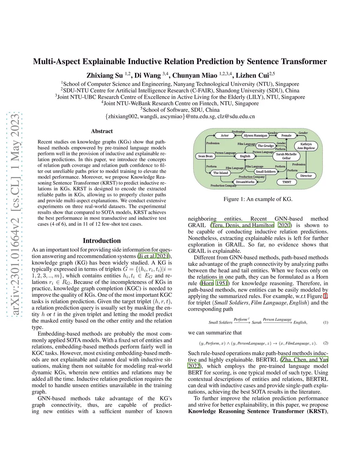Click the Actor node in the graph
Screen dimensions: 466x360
coord(225,135)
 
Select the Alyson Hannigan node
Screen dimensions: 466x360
coord(255,135)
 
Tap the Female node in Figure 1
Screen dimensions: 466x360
coord(286,135)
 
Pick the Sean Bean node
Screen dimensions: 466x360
coord(205,156)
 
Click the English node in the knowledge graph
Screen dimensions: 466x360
coord(245,156)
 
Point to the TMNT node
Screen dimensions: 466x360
coord(287,182)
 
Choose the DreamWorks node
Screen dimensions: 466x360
coord(245,182)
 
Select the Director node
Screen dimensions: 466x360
coord(306,175)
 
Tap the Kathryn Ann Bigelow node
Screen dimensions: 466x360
coord(306,146)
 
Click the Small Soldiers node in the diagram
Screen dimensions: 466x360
coord(265,172)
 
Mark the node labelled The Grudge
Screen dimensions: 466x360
coord(265,146)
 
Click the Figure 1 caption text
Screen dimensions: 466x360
coord(258,199)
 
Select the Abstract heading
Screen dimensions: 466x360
coord(102,131)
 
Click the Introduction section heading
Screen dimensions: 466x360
coord(102,241)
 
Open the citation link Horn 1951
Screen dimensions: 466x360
coord(214,283)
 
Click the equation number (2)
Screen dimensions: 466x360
coord(326,343)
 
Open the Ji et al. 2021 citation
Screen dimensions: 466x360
coord(154,256)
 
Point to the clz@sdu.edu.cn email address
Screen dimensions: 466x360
coord(236,116)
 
